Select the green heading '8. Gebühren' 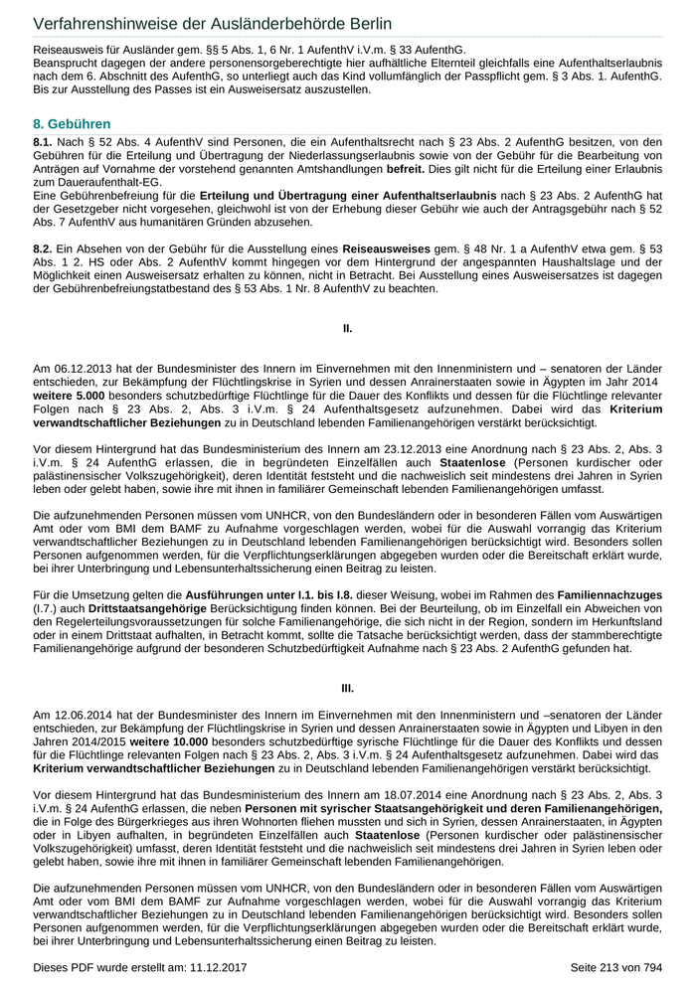click(72, 124)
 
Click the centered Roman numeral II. click(348, 327)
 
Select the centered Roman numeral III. click(348, 687)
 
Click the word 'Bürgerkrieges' click(141, 823)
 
